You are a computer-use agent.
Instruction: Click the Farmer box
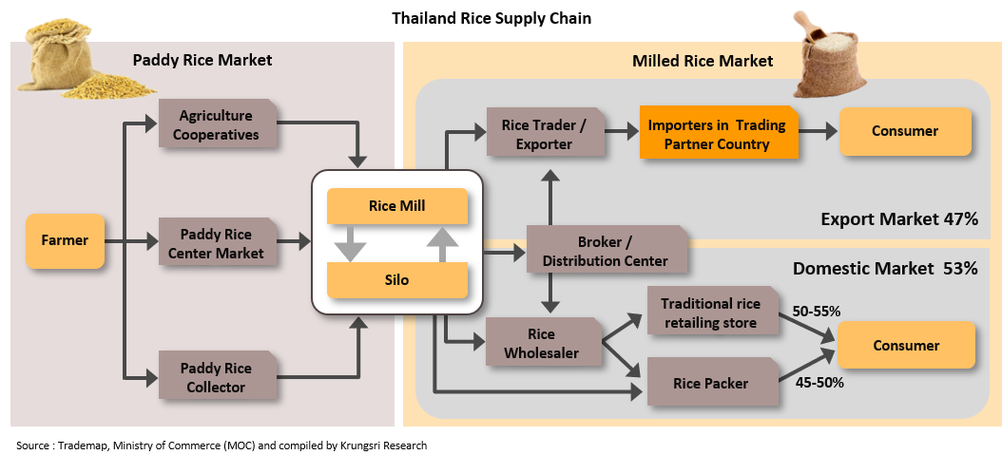click(x=66, y=241)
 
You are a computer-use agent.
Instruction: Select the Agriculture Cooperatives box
click(x=216, y=125)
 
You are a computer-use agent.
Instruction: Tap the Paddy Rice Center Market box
click(x=216, y=243)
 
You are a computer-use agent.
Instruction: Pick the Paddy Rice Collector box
click(x=216, y=377)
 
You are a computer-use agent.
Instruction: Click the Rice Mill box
click(x=396, y=206)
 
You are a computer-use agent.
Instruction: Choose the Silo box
click(x=396, y=281)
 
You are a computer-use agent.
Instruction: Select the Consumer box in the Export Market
click(x=904, y=131)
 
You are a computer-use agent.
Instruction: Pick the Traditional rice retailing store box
click(x=711, y=313)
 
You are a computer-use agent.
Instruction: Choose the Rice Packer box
click(x=711, y=384)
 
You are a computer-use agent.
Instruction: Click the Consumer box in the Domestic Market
click(x=905, y=346)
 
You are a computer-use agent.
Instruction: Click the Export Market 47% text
click(x=898, y=219)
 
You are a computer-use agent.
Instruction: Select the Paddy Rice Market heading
click(x=202, y=60)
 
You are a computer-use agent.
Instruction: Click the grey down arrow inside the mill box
click(x=350, y=244)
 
